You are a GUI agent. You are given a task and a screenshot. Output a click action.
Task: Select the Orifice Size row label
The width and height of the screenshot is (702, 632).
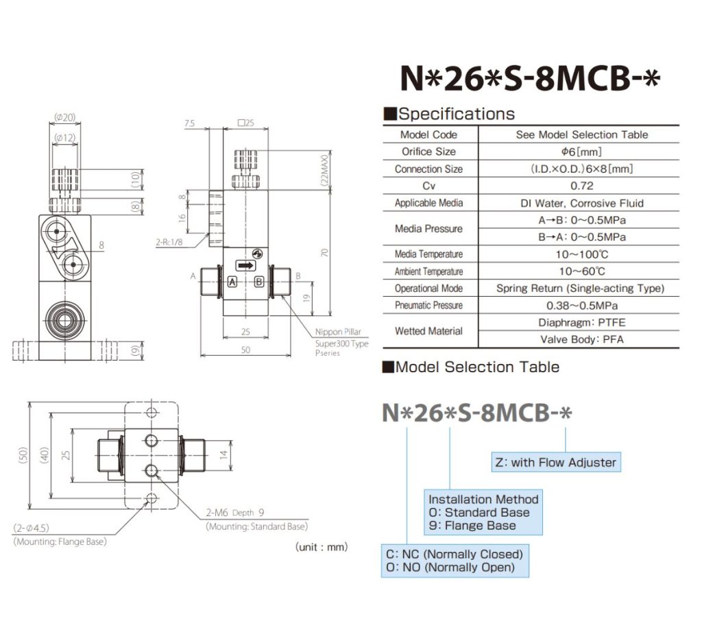click(428, 151)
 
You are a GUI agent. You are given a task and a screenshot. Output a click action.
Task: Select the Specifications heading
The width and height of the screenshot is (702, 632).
click(455, 114)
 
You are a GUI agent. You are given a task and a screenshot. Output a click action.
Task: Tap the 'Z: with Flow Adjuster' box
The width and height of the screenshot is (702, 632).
click(555, 462)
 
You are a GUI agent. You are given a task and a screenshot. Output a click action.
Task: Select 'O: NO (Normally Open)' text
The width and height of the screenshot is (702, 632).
click(450, 567)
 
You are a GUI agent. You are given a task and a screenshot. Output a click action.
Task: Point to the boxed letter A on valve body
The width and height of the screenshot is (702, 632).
click(232, 282)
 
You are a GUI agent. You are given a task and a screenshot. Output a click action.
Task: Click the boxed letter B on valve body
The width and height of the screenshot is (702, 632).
click(258, 282)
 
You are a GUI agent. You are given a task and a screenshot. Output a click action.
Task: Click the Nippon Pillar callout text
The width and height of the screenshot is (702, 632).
click(339, 332)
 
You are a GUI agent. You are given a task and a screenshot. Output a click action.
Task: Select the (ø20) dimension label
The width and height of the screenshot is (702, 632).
click(64, 117)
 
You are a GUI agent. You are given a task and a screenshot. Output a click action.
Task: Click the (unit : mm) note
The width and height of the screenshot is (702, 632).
click(322, 547)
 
